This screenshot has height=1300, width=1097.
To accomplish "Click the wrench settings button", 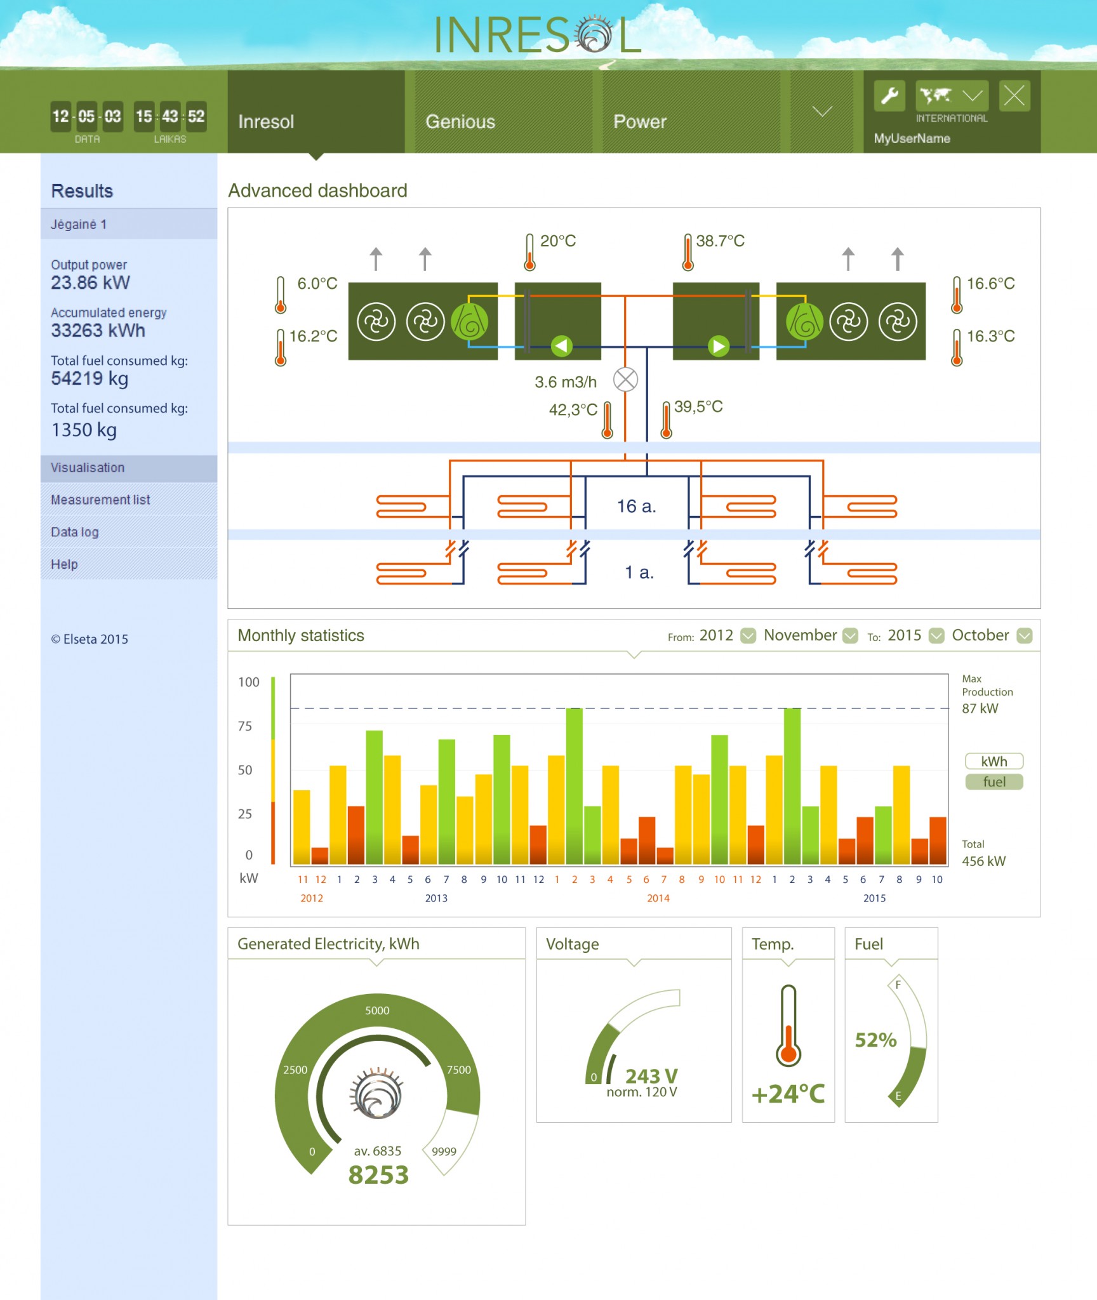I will coord(889,96).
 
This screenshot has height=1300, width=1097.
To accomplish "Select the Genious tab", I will coord(460,121).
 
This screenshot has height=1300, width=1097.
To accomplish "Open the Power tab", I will coord(639,121).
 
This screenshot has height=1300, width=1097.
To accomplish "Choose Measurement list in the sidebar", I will coord(100,500).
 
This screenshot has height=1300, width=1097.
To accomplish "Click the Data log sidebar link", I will coord(75,532).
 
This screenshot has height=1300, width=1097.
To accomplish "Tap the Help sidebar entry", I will coord(64,564).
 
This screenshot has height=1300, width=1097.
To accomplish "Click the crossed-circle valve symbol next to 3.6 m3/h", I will coord(625,380).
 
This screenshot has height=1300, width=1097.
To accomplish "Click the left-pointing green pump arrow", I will coord(561,346).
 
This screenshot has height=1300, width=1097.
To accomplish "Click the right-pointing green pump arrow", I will coord(719,346).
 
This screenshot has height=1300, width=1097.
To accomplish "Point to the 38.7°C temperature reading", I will coord(720,241).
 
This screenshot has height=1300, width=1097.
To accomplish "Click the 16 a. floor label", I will coord(636,506).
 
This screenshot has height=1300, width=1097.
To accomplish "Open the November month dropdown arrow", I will coord(850,635).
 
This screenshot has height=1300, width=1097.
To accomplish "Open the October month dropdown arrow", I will coord(1024,635).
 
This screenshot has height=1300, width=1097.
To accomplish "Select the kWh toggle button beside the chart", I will coord(994,761).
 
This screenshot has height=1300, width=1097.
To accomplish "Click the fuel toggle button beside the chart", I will coord(994,781).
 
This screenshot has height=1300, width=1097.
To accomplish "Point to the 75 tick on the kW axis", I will coord(245,726).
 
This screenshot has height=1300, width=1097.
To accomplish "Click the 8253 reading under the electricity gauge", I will coord(378,1175).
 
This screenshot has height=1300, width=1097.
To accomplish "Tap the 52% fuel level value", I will coord(875,1040).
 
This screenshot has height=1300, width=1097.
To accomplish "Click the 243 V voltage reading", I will coord(651,1076).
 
